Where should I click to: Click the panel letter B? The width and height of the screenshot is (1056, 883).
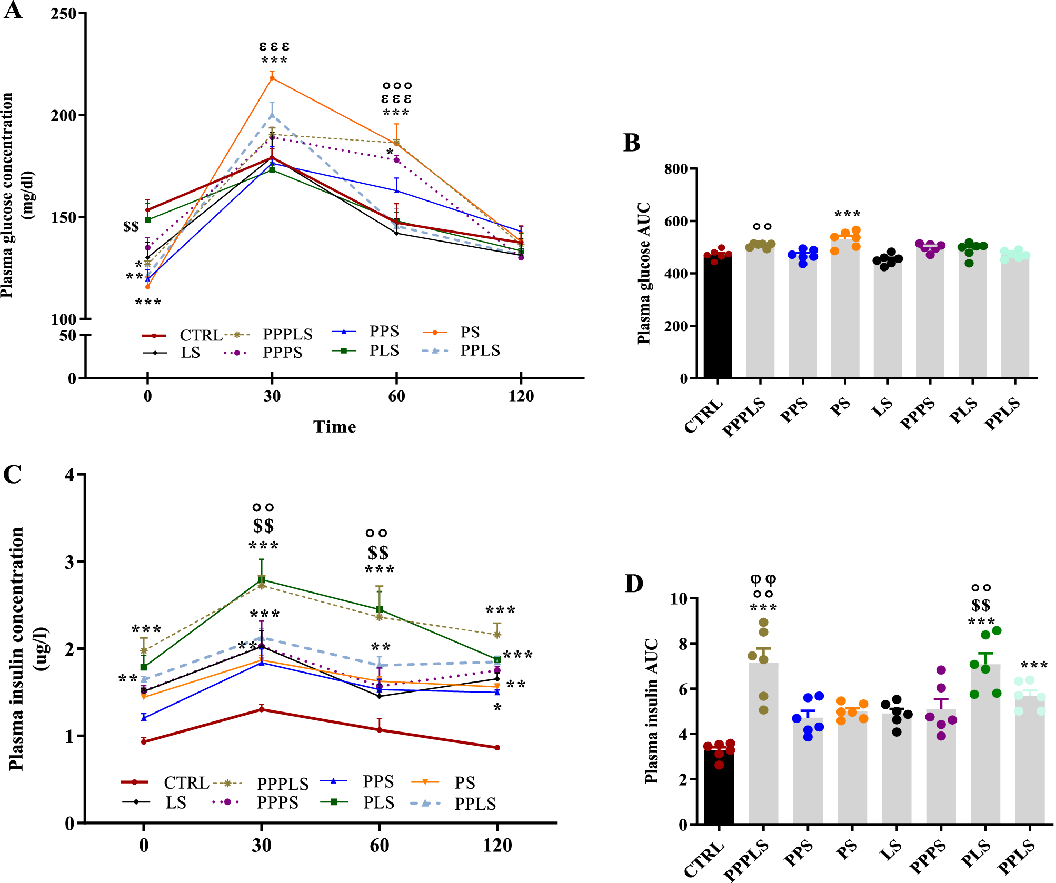point(632,143)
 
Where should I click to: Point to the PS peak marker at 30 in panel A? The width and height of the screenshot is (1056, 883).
point(272,78)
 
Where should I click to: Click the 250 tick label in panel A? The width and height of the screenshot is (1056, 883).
point(64,14)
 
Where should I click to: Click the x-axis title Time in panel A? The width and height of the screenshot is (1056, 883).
point(334,427)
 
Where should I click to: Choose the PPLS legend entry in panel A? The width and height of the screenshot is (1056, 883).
point(480,350)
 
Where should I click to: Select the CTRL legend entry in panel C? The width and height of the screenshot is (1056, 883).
point(186,783)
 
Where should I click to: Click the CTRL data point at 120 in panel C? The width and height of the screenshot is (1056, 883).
point(497,748)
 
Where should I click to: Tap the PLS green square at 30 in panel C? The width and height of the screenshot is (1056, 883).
point(262,580)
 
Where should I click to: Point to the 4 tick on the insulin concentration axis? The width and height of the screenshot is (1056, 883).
point(70,475)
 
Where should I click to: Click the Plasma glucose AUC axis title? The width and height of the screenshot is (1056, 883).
point(644,274)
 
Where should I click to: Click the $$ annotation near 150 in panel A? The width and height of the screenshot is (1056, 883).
point(131,227)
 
